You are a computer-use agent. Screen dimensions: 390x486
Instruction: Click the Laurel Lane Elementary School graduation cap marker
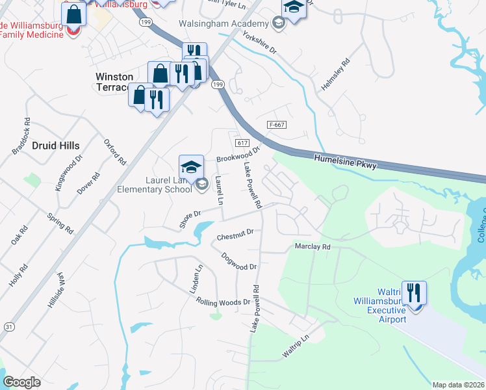pos(192,166)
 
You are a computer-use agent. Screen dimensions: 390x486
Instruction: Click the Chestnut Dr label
pos(235,234)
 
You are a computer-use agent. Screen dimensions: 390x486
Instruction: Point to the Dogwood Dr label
pos(239,261)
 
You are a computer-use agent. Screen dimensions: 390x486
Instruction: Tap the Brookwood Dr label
pos(238,154)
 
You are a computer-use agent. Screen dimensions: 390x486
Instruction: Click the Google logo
pos(21,382)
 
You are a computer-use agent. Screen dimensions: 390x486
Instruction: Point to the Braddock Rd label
pos(21,136)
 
